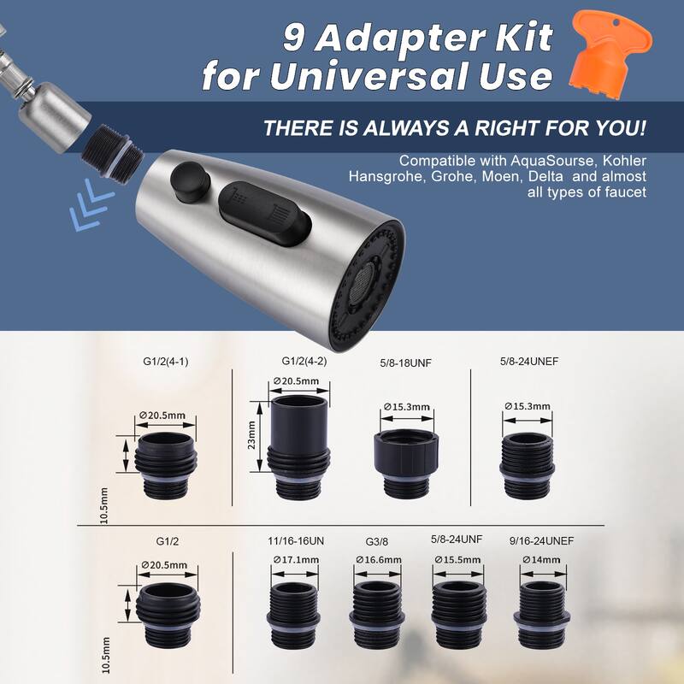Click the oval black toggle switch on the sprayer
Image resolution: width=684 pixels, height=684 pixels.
coord(264,213)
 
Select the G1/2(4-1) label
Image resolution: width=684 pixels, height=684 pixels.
coord(166,362)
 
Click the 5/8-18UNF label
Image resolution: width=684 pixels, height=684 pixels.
coord(405,363)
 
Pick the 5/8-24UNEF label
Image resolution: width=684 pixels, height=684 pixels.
coord(529,361)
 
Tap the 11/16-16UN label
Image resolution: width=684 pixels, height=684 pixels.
coord(296,541)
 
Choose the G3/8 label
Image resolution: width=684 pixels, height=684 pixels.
coord(377,542)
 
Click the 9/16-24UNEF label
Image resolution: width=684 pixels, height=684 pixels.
coord(541,541)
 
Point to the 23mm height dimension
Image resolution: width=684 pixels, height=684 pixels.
coord(251,435)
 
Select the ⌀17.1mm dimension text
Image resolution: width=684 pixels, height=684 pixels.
coord(296,560)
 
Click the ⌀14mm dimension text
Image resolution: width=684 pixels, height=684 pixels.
coord(541,560)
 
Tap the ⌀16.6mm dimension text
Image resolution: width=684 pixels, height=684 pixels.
coord(378,560)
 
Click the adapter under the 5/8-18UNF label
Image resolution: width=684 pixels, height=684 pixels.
coord(404,463)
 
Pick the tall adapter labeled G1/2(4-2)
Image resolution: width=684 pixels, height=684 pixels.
coord(299,447)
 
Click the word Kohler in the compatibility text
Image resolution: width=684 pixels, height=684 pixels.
coord(624,161)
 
